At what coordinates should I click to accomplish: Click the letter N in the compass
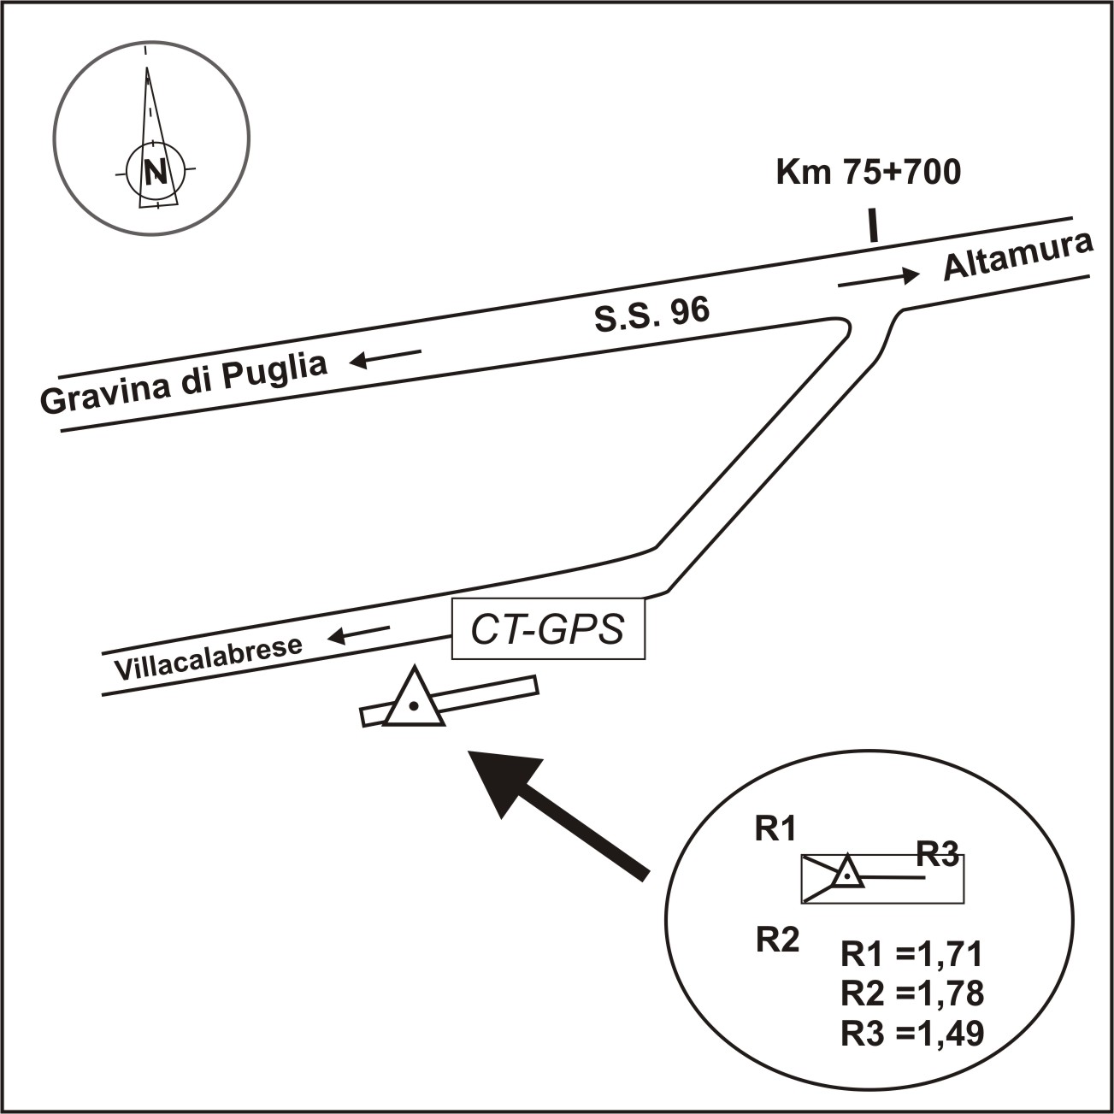[155, 173]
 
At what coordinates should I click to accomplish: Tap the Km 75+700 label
[868, 172]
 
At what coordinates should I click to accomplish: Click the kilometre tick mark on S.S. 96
[873, 226]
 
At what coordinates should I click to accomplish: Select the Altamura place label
[1017, 256]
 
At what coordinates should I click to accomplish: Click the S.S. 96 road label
[652, 317]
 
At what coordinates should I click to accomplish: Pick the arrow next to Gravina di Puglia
[386, 357]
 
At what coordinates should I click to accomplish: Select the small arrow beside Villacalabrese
[360, 634]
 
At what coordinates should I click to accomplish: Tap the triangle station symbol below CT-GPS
[414, 700]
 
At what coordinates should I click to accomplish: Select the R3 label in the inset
[938, 853]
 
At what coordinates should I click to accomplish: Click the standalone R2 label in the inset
[778, 940]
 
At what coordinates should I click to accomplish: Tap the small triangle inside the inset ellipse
[846, 873]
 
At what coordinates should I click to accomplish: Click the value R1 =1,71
[912, 953]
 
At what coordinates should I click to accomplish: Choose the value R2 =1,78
[912, 993]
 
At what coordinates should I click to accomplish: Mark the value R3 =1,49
[912, 1034]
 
